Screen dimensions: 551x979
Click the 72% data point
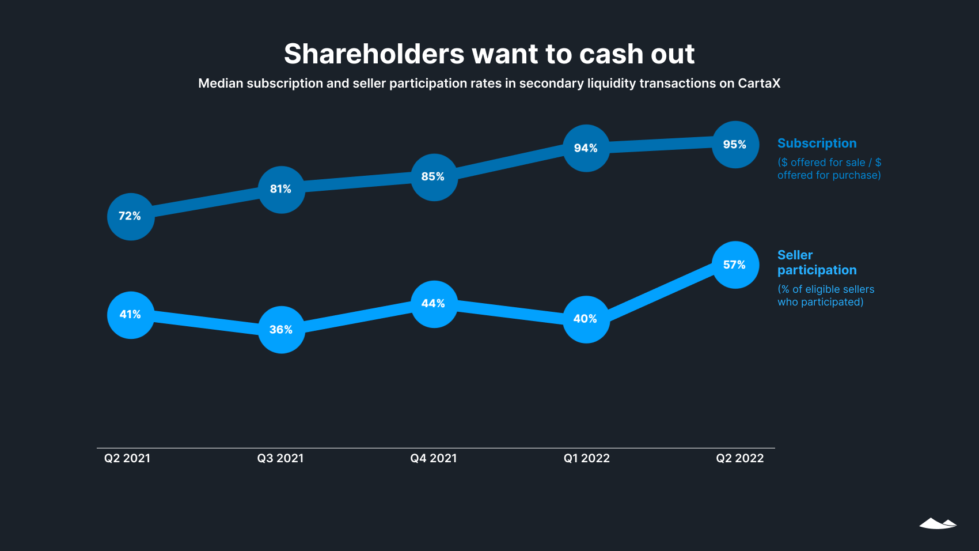point(131,217)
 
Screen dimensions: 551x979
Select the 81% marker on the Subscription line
point(281,190)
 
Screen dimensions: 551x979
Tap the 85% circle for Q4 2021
point(434,178)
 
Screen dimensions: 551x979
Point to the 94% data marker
point(586,148)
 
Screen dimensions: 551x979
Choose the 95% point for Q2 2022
point(735,145)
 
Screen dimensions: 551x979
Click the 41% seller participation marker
point(131,315)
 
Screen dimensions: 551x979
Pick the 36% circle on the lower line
point(281,330)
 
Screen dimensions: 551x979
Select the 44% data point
point(434,304)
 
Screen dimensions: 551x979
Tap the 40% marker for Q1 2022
point(586,319)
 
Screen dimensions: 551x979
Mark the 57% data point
point(735,265)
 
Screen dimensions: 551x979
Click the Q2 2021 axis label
point(127,458)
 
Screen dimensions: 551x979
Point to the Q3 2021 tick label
point(280,458)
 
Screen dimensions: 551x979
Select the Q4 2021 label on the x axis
point(434,458)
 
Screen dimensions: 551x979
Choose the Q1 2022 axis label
point(587,458)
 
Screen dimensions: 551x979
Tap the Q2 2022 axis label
point(740,458)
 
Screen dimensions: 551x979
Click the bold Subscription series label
point(817,144)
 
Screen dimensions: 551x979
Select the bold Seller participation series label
point(817,263)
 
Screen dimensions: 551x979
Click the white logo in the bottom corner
point(938,523)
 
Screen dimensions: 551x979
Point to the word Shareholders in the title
point(374,54)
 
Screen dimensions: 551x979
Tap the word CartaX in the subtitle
point(759,84)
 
